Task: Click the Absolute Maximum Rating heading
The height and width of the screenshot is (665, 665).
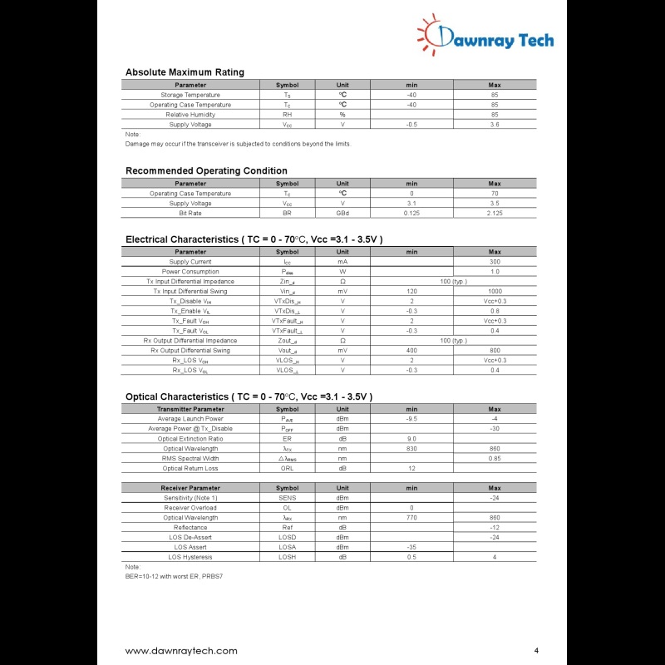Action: [185, 72]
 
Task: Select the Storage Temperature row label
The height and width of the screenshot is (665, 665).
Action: [190, 95]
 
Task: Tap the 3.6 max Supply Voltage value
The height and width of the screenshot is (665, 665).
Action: [495, 125]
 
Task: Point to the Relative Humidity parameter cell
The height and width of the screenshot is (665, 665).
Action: [190, 115]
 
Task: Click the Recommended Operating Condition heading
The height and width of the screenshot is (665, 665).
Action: [206, 171]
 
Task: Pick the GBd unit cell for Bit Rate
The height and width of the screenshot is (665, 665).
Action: [342, 214]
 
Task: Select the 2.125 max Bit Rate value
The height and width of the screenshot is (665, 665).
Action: [495, 214]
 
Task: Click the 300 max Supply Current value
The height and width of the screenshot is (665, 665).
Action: [495, 262]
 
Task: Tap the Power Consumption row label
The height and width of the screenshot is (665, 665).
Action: [190, 272]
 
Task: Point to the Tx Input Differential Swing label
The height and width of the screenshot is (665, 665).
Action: [190, 292]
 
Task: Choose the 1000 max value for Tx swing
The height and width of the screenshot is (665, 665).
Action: [495, 292]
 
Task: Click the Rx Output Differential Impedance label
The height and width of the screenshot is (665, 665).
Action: [190, 341]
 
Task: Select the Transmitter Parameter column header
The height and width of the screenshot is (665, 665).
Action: [190, 409]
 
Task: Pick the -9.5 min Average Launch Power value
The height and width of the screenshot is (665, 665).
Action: [411, 419]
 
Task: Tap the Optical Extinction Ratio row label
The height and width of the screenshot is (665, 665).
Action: [190, 439]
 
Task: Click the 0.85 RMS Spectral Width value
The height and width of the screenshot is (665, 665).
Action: [495, 459]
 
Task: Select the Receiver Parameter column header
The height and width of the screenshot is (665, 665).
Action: [190, 488]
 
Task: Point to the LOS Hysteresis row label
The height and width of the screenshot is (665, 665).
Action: [190, 557]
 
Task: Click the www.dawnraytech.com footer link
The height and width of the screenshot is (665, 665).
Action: [181, 651]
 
